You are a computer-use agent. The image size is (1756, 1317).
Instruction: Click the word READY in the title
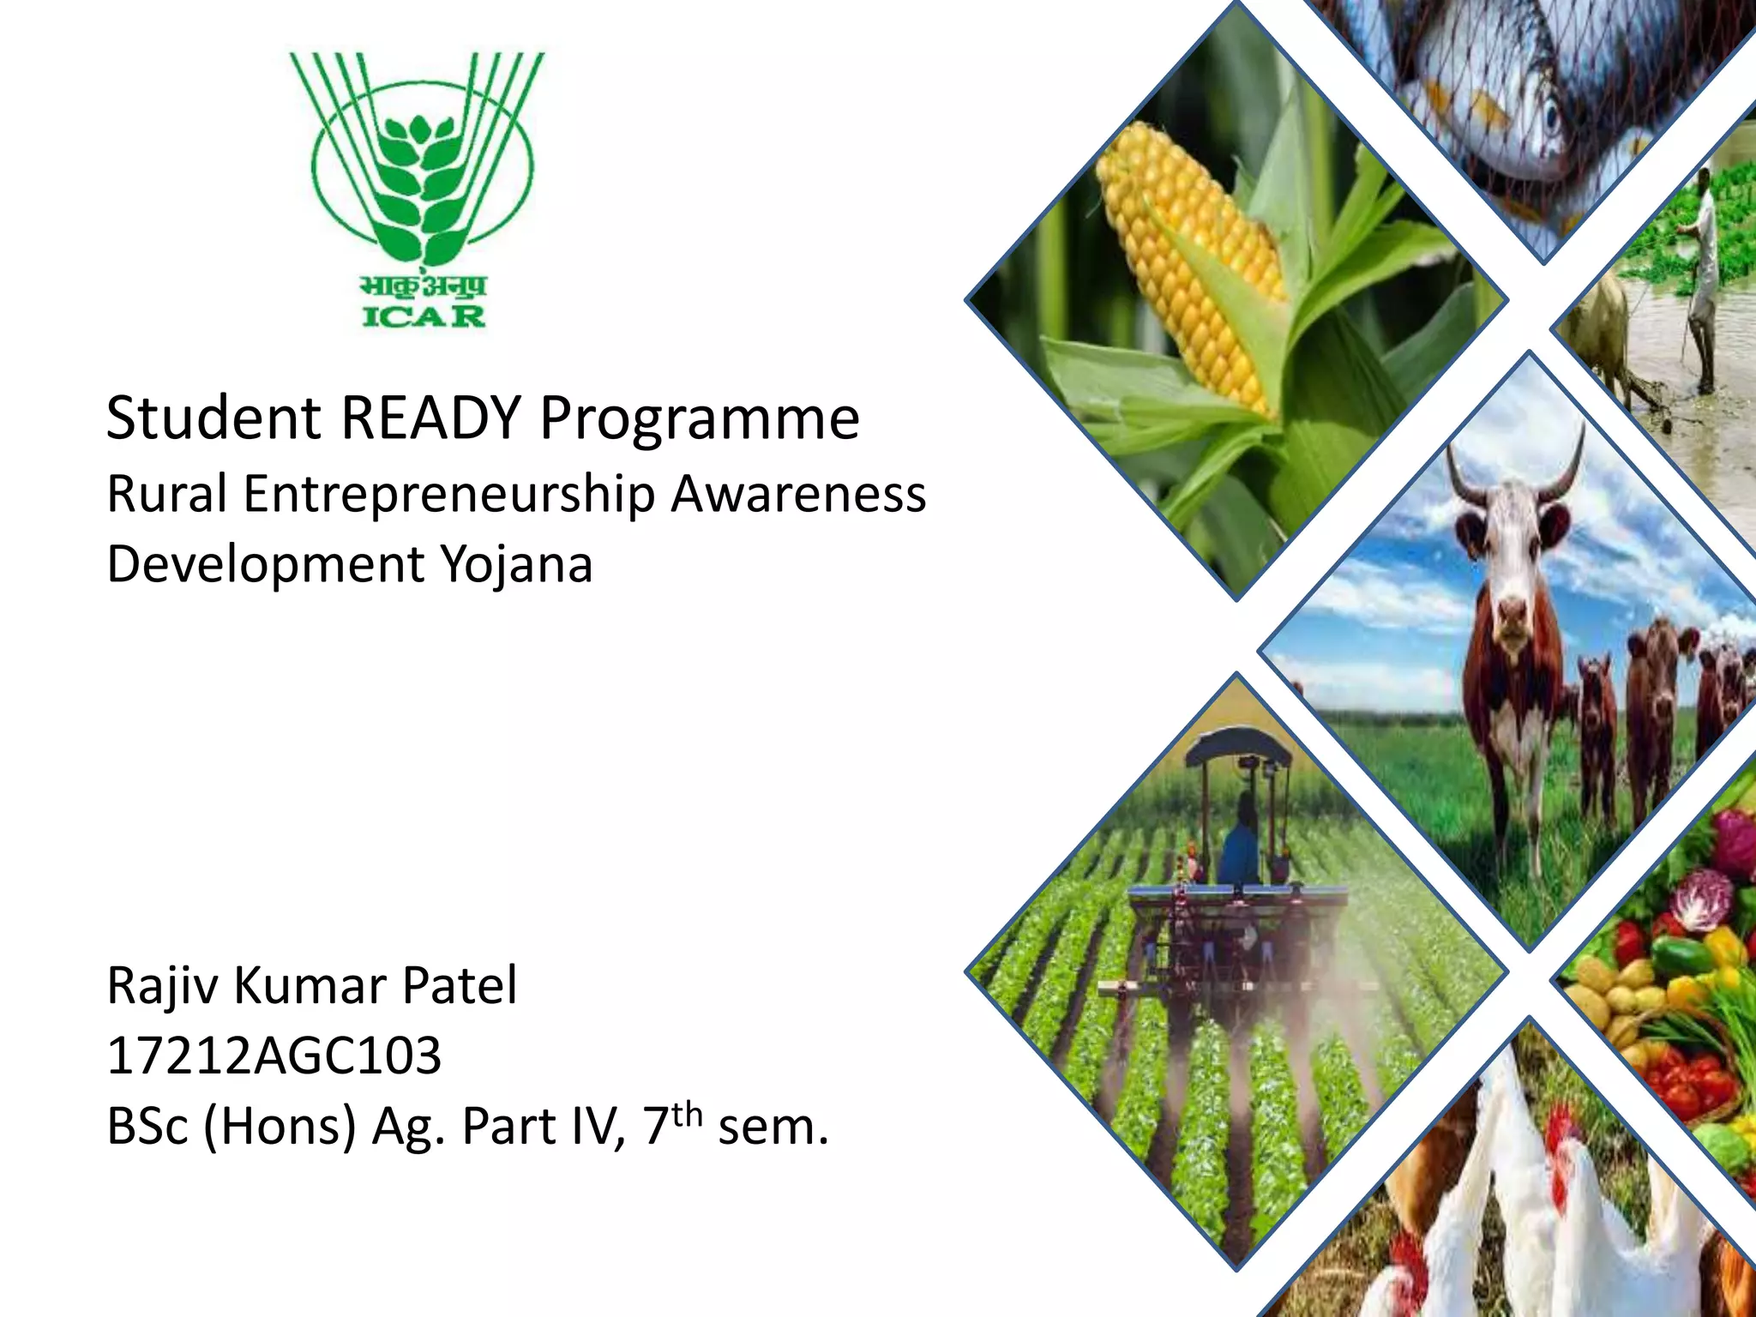tap(430, 418)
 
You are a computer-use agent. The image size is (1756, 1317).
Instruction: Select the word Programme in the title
tap(699, 420)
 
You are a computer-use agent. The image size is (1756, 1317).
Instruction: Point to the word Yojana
tap(516, 566)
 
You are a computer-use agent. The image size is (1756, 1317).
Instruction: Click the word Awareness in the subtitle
tap(798, 495)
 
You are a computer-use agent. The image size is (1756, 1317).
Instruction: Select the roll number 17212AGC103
tap(274, 1055)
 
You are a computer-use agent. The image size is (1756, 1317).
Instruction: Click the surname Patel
tap(460, 985)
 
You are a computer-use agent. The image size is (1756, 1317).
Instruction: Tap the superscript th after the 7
tap(687, 1114)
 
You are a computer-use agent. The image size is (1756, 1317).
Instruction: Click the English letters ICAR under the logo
tap(424, 316)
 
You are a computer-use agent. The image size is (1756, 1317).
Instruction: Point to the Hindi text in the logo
tap(424, 286)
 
